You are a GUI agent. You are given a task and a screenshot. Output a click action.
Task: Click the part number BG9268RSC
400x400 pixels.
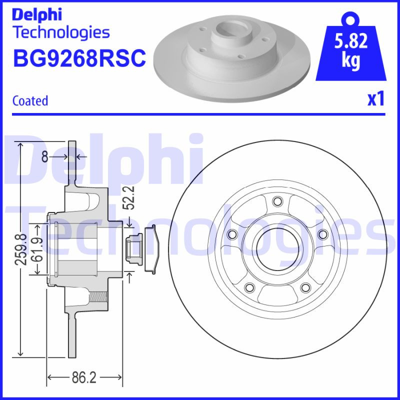pyautogui.click(x=78, y=58)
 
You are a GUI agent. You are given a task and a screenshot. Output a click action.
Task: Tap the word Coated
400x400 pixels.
pyautogui.click(x=30, y=100)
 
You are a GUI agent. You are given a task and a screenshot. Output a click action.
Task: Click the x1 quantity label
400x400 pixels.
pyautogui.click(x=375, y=99)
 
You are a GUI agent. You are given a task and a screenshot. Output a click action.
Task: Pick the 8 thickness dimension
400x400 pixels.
pyautogui.click(x=44, y=157)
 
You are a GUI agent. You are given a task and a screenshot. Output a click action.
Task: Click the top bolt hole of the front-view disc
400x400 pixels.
pyautogui.click(x=276, y=201)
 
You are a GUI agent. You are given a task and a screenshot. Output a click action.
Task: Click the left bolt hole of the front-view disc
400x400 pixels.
pyautogui.click(x=231, y=234)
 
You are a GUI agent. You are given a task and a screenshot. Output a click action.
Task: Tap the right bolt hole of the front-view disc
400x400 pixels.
pyautogui.click(x=322, y=234)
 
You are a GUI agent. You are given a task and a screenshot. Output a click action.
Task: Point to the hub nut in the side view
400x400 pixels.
pyautogui.click(x=134, y=248)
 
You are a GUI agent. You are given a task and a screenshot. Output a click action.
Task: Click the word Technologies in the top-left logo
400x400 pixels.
pyautogui.click(x=60, y=33)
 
